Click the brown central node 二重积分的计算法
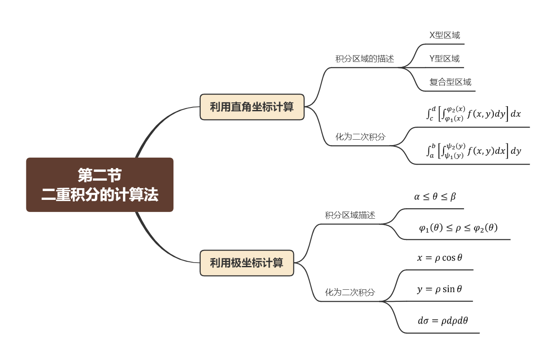[99, 185]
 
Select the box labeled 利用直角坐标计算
[252, 107]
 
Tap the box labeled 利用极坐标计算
[247, 263]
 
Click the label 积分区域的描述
[365, 59]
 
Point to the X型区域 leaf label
[444, 36]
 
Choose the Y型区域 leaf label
[444, 59]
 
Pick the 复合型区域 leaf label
[450, 82]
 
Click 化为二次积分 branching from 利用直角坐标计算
[360, 137]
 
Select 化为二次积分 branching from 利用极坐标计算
[350, 293]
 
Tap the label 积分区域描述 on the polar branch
[350, 215]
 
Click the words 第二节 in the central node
[99, 175]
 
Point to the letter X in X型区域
[432, 36]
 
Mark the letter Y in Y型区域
[432, 59]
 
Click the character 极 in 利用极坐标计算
[236, 263]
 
